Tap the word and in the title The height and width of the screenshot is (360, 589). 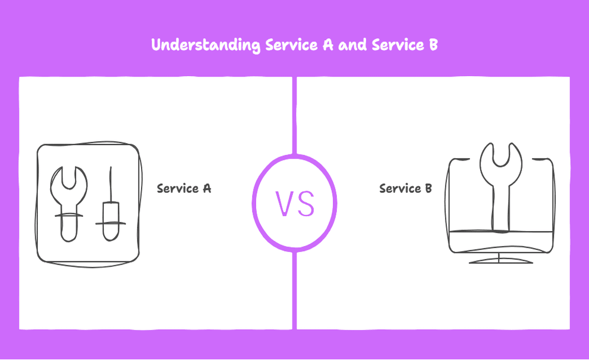click(x=353, y=45)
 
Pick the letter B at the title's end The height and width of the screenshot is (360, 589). click(x=433, y=45)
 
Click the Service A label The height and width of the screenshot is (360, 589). click(x=184, y=189)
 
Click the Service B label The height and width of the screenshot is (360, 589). click(x=405, y=189)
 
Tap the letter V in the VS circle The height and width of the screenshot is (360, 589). click(x=285, y=203)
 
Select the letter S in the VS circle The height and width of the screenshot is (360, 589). click(x=305, y=203)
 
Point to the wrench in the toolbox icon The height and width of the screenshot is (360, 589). click(x=69, y=205)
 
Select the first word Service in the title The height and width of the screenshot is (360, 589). click(x=287, y=45)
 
